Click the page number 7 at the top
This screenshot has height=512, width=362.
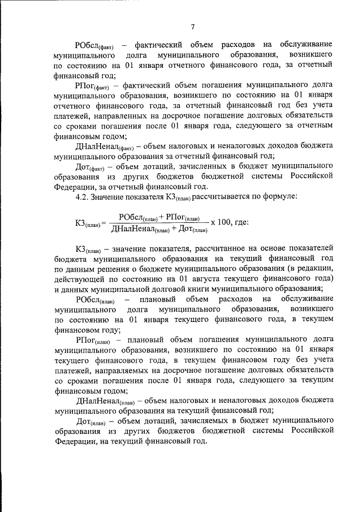193,25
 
